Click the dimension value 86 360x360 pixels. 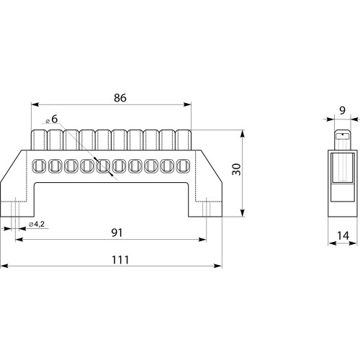[120, 98]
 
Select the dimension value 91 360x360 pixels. [117, 233]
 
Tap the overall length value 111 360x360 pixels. [120, 260]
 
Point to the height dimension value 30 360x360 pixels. [237, 169]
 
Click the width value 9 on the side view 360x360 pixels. [343, 110]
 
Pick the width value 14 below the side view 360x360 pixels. [343, 235]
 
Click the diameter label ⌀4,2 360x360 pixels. [37, 225]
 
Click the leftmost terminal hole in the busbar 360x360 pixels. [39, 166]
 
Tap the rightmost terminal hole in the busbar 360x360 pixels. [183, 166]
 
